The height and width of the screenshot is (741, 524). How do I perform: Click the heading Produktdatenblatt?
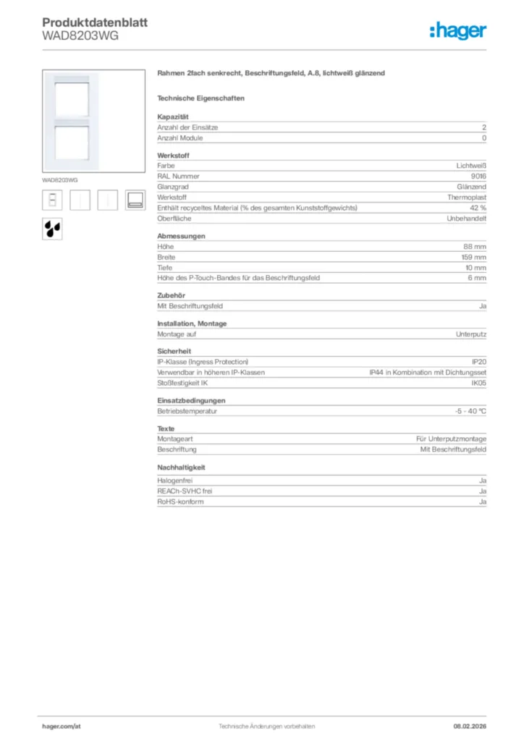94,22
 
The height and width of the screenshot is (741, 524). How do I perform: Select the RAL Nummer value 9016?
478,176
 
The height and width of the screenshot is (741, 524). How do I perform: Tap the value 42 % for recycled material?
478,208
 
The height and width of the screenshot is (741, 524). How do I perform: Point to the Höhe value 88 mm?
475,247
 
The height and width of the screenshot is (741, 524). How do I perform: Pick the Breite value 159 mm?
473,257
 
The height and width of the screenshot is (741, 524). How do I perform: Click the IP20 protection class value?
478,361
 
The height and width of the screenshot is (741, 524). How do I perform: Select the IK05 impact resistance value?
478,383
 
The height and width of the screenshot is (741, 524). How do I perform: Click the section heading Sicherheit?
174,351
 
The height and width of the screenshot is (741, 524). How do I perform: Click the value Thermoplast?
467,197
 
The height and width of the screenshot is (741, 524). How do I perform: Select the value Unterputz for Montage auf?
471,334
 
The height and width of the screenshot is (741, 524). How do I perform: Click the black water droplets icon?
53,228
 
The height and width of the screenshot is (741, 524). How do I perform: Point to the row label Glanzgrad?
172,187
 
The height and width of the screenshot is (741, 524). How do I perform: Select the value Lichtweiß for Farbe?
471,166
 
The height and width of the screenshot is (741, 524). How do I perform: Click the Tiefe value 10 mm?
475,268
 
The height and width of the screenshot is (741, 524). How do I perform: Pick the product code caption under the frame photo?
59,179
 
